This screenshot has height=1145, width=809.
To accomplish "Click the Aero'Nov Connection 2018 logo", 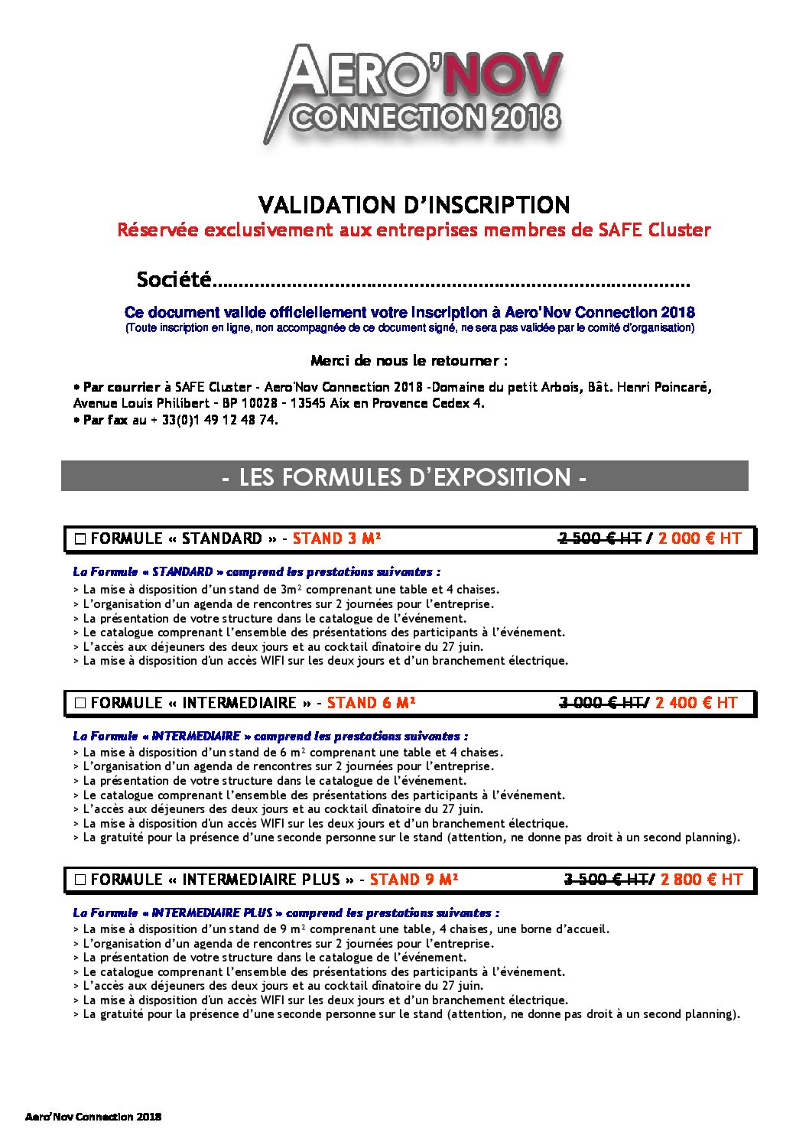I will (413, 93).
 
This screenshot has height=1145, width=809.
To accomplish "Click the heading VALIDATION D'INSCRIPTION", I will (414, 205).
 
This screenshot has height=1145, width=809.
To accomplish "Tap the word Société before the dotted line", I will (174, 280).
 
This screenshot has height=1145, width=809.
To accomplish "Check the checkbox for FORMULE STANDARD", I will (80, 539).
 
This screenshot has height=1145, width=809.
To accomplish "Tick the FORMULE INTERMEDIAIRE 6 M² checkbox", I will (80, 704).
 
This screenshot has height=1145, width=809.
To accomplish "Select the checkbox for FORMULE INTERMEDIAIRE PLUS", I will (80, 880).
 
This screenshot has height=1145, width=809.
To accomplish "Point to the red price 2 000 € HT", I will (699, 538).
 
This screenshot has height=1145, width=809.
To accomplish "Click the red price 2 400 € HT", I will (696, 703).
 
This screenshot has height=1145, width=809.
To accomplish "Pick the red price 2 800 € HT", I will (701, 880).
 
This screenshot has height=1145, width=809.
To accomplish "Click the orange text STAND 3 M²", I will (336, 538).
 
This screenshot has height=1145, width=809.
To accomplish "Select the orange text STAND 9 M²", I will (414, 880).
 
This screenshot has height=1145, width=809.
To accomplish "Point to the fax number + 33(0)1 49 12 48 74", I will (213, 420).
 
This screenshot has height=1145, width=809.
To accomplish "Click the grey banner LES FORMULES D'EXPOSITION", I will (404, 477).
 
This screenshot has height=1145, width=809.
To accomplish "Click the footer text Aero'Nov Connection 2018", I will (93, 1117).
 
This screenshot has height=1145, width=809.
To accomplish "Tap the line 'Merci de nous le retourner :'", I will (409, 360).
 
